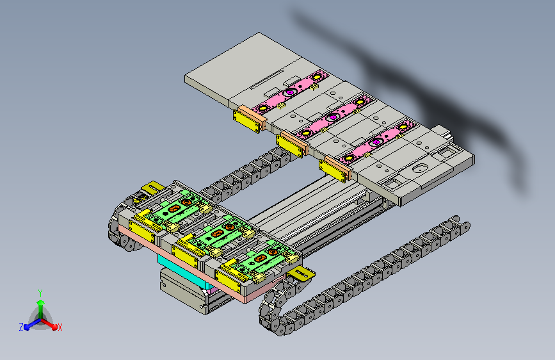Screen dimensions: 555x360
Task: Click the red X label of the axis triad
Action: point(60,327)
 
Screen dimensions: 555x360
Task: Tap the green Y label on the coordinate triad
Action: point(40,293)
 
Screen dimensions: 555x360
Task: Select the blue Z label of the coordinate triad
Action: point(21,327)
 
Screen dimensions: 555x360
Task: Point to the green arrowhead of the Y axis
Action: point(41,302)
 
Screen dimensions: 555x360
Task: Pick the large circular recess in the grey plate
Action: point(419,169)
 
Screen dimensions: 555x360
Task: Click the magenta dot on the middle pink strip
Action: point(333,117)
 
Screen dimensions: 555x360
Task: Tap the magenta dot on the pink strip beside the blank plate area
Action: point(290,92)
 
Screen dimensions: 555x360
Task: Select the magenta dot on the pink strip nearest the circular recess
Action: point(376,142)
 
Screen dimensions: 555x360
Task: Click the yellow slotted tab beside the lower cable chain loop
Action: point(302,274)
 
